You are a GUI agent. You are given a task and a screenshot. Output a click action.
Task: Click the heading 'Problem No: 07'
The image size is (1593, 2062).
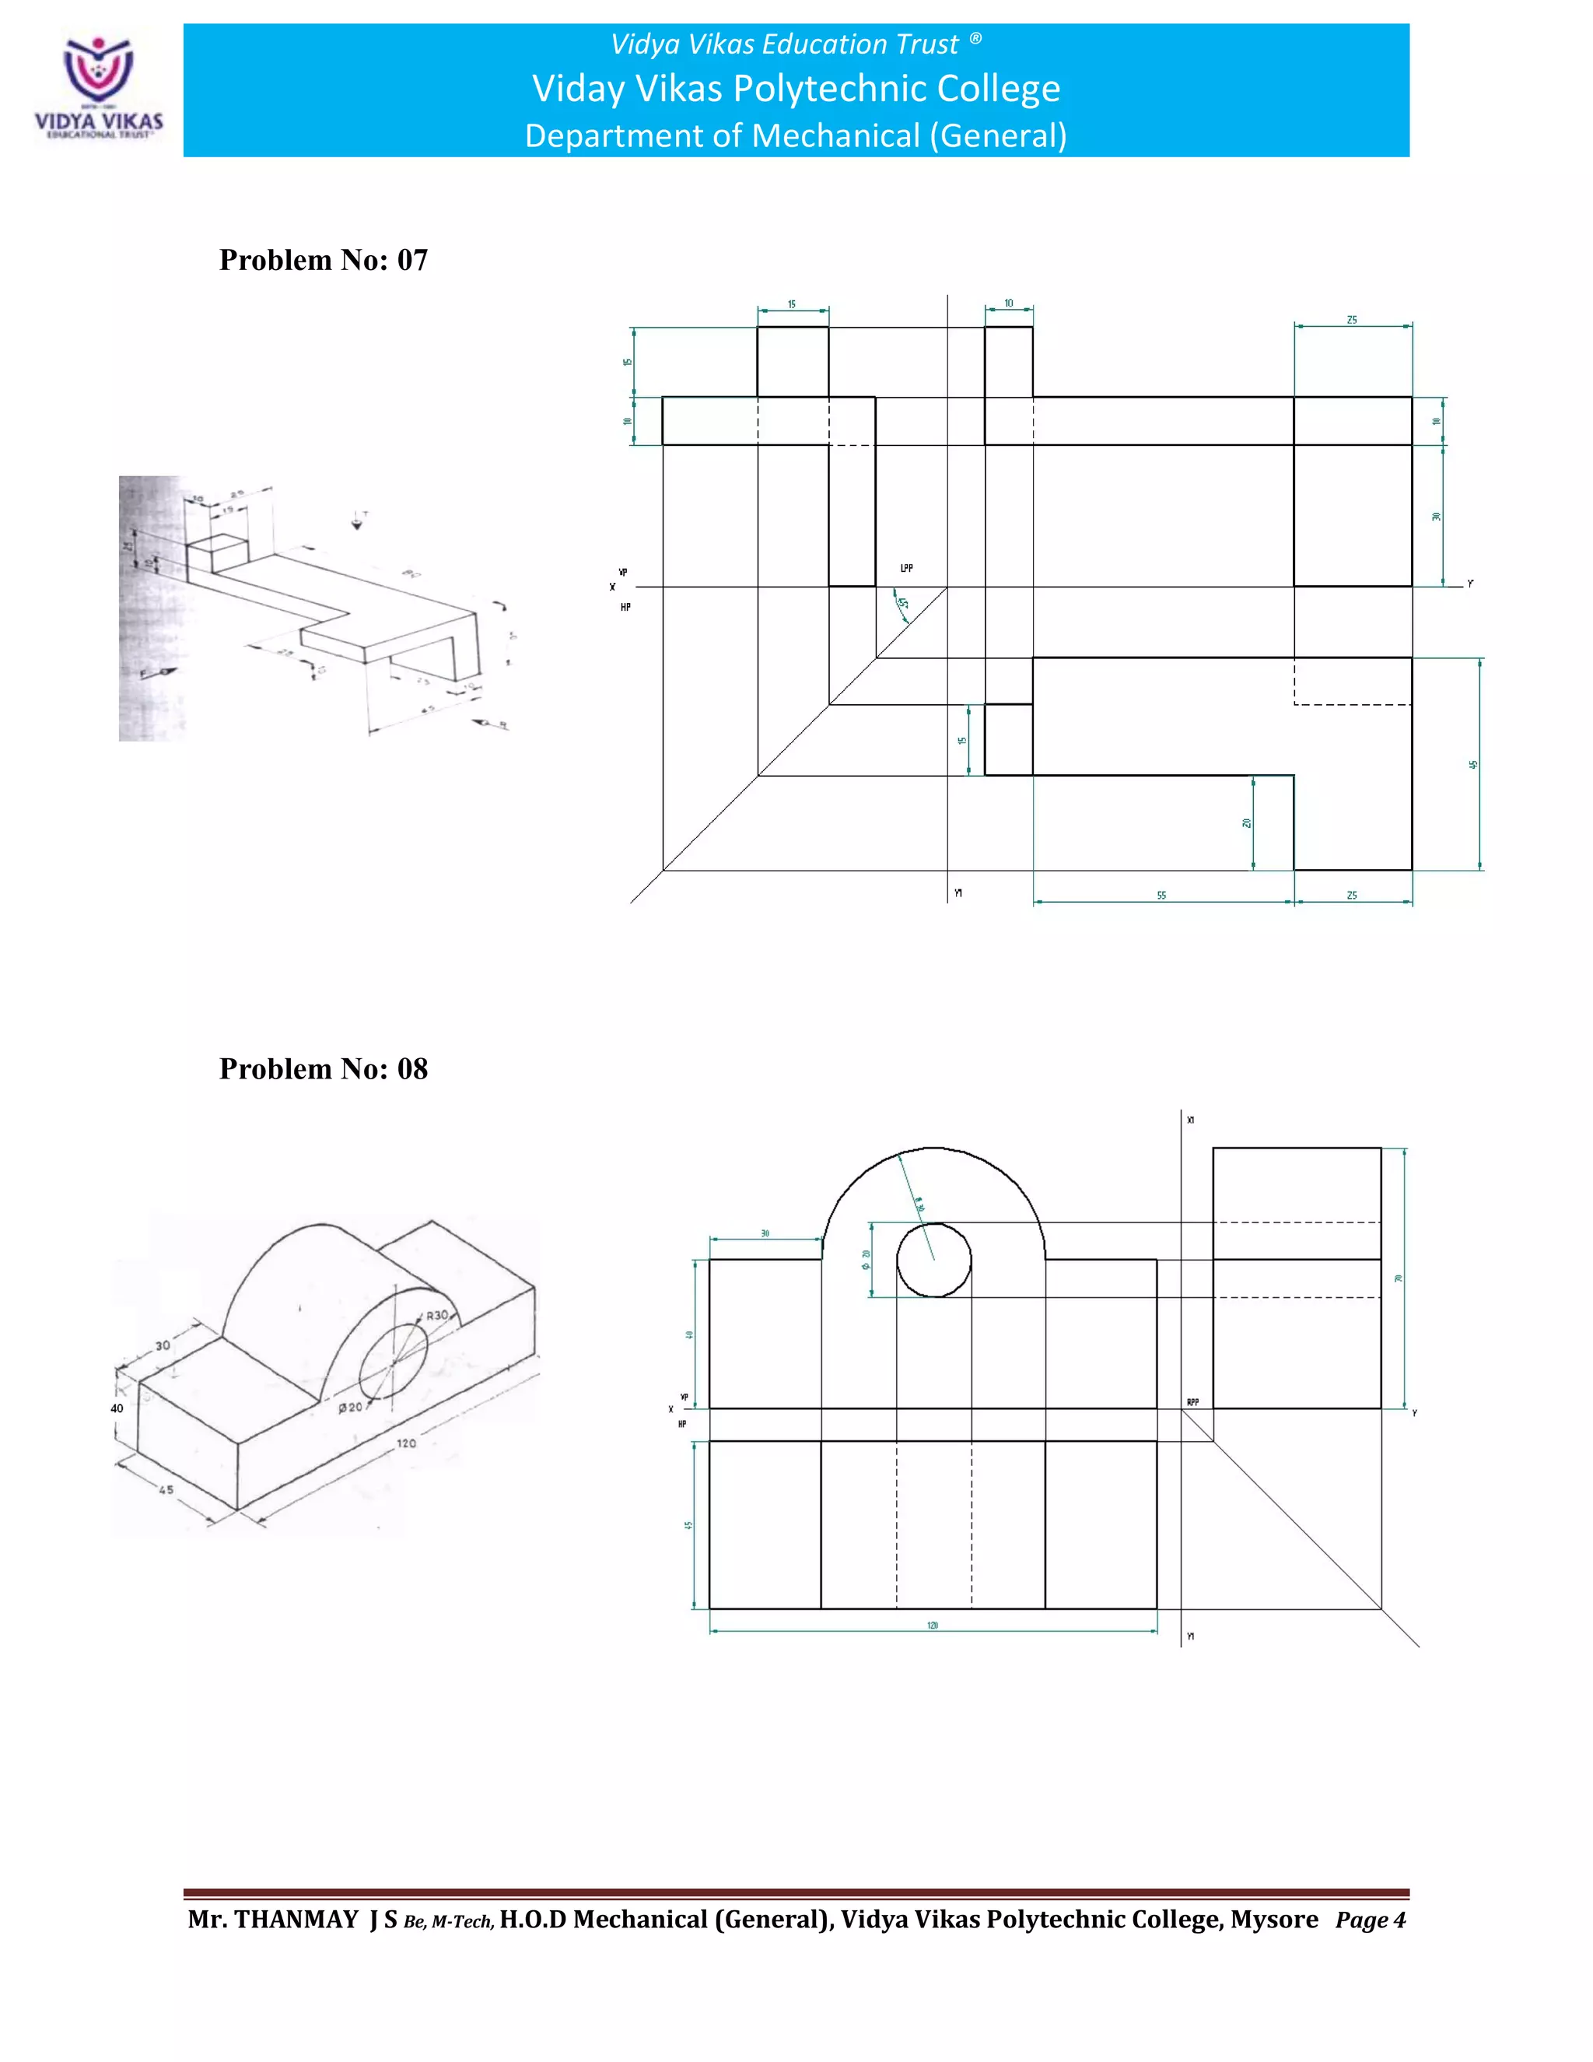(x=323, y=260)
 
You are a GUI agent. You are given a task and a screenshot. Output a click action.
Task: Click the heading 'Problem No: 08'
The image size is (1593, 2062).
(x=323, y=1069)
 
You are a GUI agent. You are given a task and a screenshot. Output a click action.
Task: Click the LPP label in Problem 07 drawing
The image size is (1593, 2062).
(x=906, y=568)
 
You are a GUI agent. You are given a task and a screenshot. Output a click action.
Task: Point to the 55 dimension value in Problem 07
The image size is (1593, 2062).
(x=1162, y=895)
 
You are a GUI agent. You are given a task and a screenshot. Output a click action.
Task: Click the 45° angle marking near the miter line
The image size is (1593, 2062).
(x=902, y=603)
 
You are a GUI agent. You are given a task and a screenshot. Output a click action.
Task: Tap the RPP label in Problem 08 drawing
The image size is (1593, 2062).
(x=1193, y=1402)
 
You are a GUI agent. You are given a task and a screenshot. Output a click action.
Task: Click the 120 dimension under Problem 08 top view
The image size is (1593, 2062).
(x=933, y=1625)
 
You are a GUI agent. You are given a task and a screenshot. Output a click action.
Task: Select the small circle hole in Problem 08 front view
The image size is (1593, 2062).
(x=933, y=1260)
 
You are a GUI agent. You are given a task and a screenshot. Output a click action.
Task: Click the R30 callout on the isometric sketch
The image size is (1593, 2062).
(x=437, y=1315)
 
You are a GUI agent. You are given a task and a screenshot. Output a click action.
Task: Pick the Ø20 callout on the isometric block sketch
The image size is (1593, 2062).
(x=350, y=1407)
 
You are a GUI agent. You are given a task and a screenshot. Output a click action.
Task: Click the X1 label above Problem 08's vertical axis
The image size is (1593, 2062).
(x=1190, y=1120)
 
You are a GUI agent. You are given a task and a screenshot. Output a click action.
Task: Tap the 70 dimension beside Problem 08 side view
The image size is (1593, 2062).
(x=1399, y=1278)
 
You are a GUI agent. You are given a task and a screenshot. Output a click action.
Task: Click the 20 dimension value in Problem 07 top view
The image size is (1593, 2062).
(x=1247, y=823)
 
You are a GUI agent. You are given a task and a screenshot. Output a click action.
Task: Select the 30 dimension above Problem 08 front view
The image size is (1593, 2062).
(x=765, y=1233)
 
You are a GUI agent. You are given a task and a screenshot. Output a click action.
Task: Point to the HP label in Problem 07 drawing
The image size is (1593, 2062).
(x=625, y=607)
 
